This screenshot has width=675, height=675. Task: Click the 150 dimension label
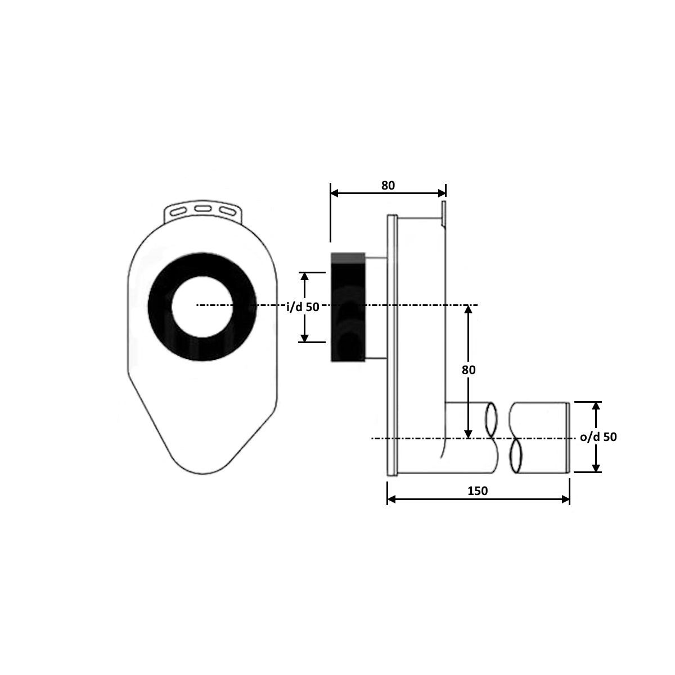coord(478,490)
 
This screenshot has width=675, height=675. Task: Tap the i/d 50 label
coord(303,307)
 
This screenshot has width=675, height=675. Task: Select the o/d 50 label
coord(598,437)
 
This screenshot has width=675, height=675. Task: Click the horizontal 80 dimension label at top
coord(388,185)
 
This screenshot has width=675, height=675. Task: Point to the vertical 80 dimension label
coord(469,370)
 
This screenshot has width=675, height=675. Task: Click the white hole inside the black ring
coord(202,307)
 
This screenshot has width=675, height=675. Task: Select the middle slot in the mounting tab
coord(203,209)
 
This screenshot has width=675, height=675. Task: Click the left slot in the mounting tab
coord(178,211)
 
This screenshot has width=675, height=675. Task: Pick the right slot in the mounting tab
coord(227,211)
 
